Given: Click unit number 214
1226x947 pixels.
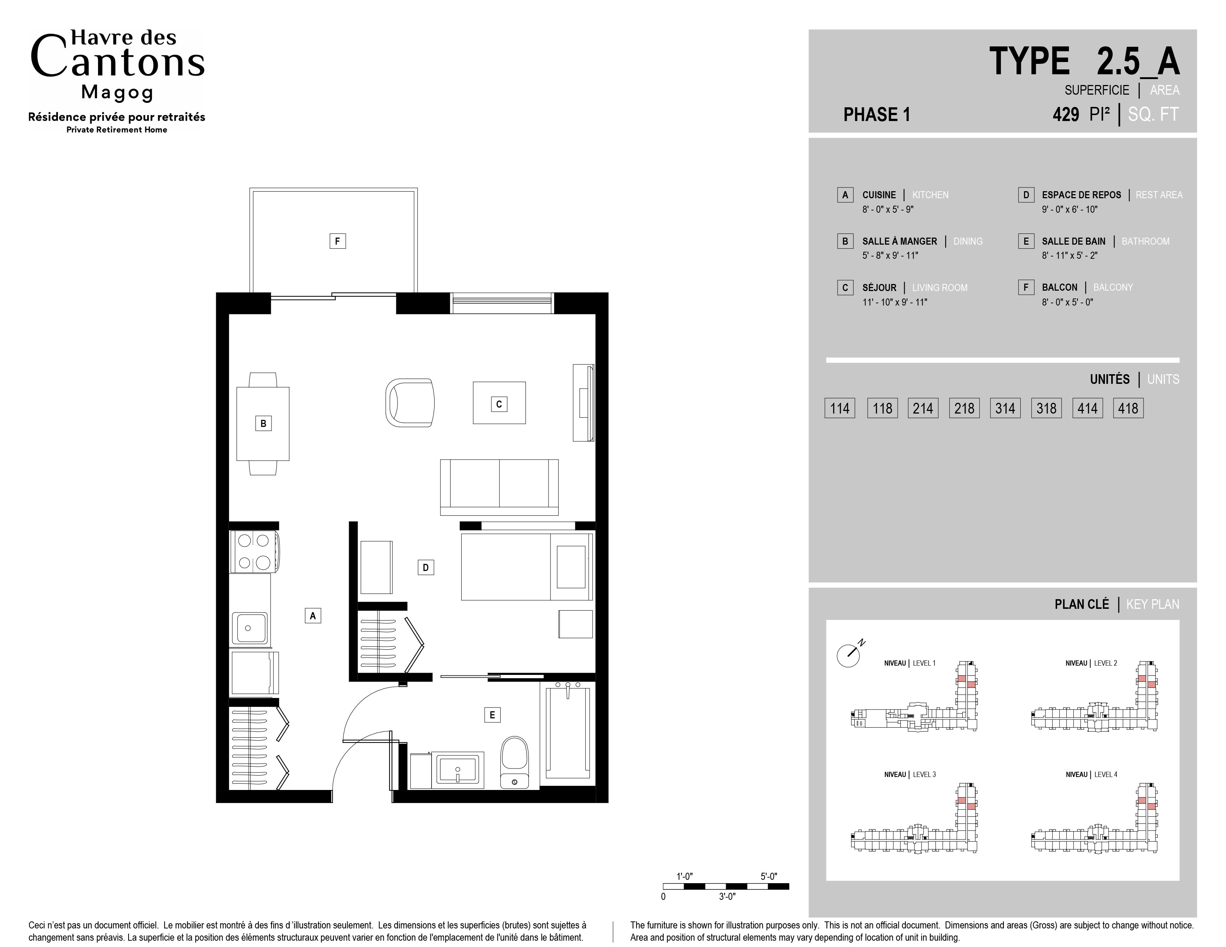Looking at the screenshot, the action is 923,408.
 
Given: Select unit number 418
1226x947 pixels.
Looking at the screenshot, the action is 1128,408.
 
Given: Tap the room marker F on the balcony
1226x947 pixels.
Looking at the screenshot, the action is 337,241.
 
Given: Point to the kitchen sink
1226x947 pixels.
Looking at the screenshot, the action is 250,628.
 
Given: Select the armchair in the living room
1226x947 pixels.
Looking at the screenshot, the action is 410,403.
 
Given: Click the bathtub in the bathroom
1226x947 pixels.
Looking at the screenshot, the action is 568,731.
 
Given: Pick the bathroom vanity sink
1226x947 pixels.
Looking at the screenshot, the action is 458,770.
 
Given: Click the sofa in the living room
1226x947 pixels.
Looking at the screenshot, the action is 499,487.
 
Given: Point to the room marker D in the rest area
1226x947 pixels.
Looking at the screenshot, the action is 426,568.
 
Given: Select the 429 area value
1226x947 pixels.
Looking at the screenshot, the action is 1066,114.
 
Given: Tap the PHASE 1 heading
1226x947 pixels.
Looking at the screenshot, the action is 876,114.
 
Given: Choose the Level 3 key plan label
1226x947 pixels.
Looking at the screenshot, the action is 910,775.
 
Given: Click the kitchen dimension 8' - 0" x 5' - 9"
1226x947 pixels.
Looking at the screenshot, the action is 888,209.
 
